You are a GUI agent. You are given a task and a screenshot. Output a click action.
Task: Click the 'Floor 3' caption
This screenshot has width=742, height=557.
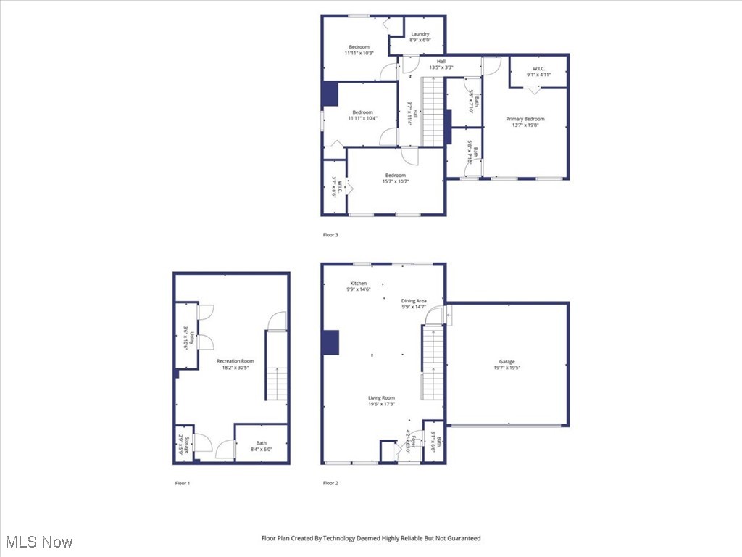330,235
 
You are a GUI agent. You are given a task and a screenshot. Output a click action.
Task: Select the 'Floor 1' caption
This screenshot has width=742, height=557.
183,483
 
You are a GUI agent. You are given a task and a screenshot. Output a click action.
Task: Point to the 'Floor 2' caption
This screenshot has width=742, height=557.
330,483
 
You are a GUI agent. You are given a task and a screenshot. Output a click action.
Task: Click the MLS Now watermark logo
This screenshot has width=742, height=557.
39,542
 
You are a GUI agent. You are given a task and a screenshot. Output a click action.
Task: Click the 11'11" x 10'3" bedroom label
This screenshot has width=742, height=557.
359,50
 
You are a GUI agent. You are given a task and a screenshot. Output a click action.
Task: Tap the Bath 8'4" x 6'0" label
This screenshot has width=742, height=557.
261,446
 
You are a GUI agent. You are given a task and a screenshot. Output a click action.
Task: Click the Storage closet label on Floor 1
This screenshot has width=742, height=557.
185,444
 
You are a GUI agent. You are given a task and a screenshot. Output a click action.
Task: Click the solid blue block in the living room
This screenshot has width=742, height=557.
330,342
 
